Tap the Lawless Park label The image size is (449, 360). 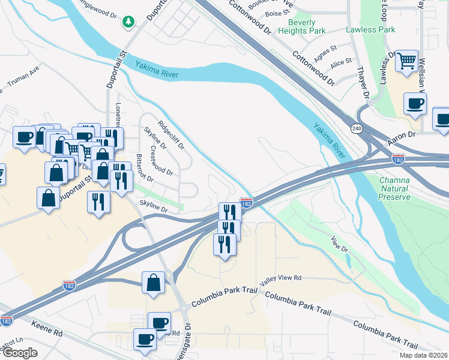tap(370, 29)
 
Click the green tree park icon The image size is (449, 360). tap(127, 22)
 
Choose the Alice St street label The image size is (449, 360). tap(341, 62)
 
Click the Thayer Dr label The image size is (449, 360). tap(362, 82)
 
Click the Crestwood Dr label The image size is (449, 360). tap(162, 160)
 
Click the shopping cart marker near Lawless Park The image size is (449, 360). tap(406, 61)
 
